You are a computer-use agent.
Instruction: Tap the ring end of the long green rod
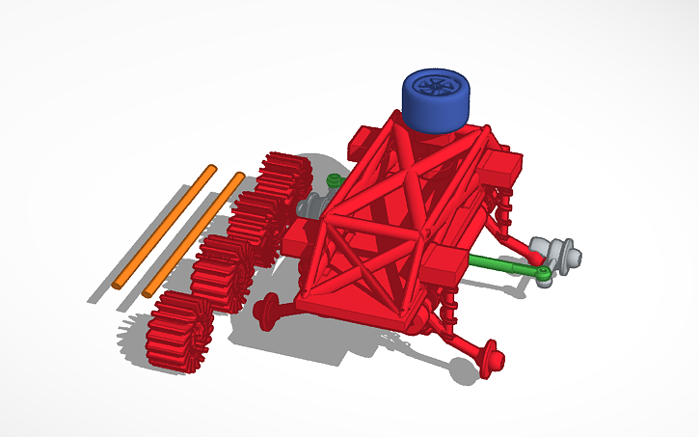click(x=545, y=278)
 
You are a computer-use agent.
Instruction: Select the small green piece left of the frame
click(x=334, y=180)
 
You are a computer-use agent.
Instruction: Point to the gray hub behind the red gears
click(x=312, y=205)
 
